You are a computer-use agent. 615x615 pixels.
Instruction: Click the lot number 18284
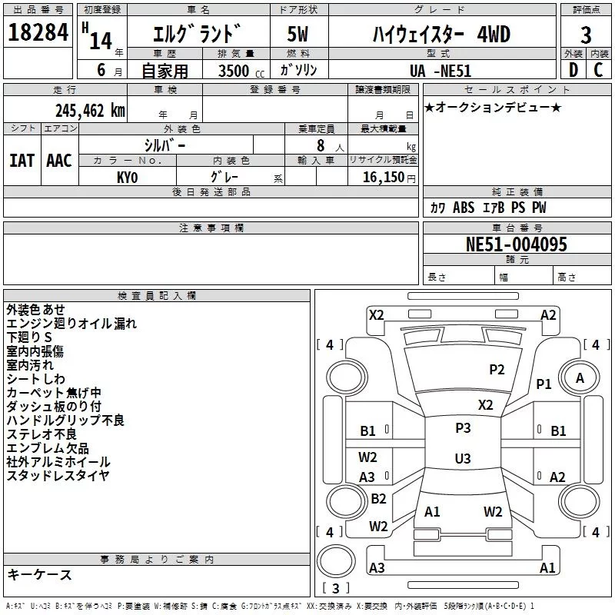[x=38, y=32]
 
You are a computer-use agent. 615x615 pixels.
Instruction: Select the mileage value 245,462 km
[x=90, y=111]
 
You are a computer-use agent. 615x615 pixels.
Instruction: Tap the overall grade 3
[x=586, y=35]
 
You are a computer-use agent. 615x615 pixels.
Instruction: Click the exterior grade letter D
[x=573, y=70]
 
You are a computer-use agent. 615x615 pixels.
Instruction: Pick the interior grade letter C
[x=598, y=70]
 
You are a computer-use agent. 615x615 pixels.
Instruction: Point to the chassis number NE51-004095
[x=516, y=244]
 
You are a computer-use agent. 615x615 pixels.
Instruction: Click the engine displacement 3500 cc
[x=241, y=71]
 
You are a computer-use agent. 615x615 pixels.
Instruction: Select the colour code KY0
[x=127, y=178]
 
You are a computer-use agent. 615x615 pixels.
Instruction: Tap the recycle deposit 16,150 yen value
[x=389, y=178]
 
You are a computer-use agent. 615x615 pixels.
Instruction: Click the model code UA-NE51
[x=440, y=71]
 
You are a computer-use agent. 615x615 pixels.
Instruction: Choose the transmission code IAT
[x=22, y=161]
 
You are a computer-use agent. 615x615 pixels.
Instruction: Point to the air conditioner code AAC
[x=59, y=161]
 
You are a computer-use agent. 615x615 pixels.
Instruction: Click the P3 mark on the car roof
[x=463, y=427]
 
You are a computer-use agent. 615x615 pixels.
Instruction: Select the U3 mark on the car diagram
[x=463, y=458]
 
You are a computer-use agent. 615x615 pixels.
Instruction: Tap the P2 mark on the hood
[x=497, y=369]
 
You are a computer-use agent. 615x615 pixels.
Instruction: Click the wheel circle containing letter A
[x=580, y=378]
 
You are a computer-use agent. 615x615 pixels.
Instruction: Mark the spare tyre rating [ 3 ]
[x=336, y=588]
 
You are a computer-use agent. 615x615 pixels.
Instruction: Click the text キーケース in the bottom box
[x=39, y=574]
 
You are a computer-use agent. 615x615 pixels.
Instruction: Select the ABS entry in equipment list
[x=464, y=208]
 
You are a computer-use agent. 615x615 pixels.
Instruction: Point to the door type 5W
[x=298, y=34]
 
